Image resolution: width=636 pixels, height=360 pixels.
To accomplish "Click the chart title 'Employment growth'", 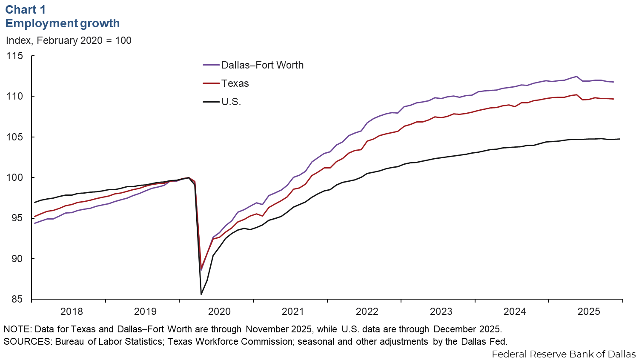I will coord(63,23).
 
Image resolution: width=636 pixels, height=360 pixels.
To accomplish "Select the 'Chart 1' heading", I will coord(26,9).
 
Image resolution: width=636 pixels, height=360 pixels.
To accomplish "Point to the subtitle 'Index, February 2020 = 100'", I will coord(69,40).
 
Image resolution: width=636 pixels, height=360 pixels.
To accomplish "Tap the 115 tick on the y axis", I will coord(14,56).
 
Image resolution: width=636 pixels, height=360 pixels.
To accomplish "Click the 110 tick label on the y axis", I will coord(14,97).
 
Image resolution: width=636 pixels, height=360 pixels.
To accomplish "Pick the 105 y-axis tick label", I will coord(14,137).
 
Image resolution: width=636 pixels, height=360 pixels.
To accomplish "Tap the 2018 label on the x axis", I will coord(72,311).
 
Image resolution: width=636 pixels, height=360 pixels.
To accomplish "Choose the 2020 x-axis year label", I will coord(219,311).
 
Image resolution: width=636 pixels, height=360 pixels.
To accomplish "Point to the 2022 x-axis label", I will coord(367,311).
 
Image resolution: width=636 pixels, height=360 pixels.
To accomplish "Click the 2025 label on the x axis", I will coord(589,311).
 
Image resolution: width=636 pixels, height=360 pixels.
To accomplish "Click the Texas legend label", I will coord(235,83).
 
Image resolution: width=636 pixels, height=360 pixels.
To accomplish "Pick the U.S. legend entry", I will coord(231,102).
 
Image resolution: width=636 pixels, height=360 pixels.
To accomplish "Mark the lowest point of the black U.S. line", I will coord(201,294).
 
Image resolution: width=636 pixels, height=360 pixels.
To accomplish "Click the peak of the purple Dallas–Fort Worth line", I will coord(576,77).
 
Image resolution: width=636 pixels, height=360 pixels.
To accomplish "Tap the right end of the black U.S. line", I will coord(620,139).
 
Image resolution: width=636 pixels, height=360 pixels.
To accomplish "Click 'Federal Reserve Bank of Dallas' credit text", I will coord(564,354).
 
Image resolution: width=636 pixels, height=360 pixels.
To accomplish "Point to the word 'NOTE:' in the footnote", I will coord(17,329).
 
